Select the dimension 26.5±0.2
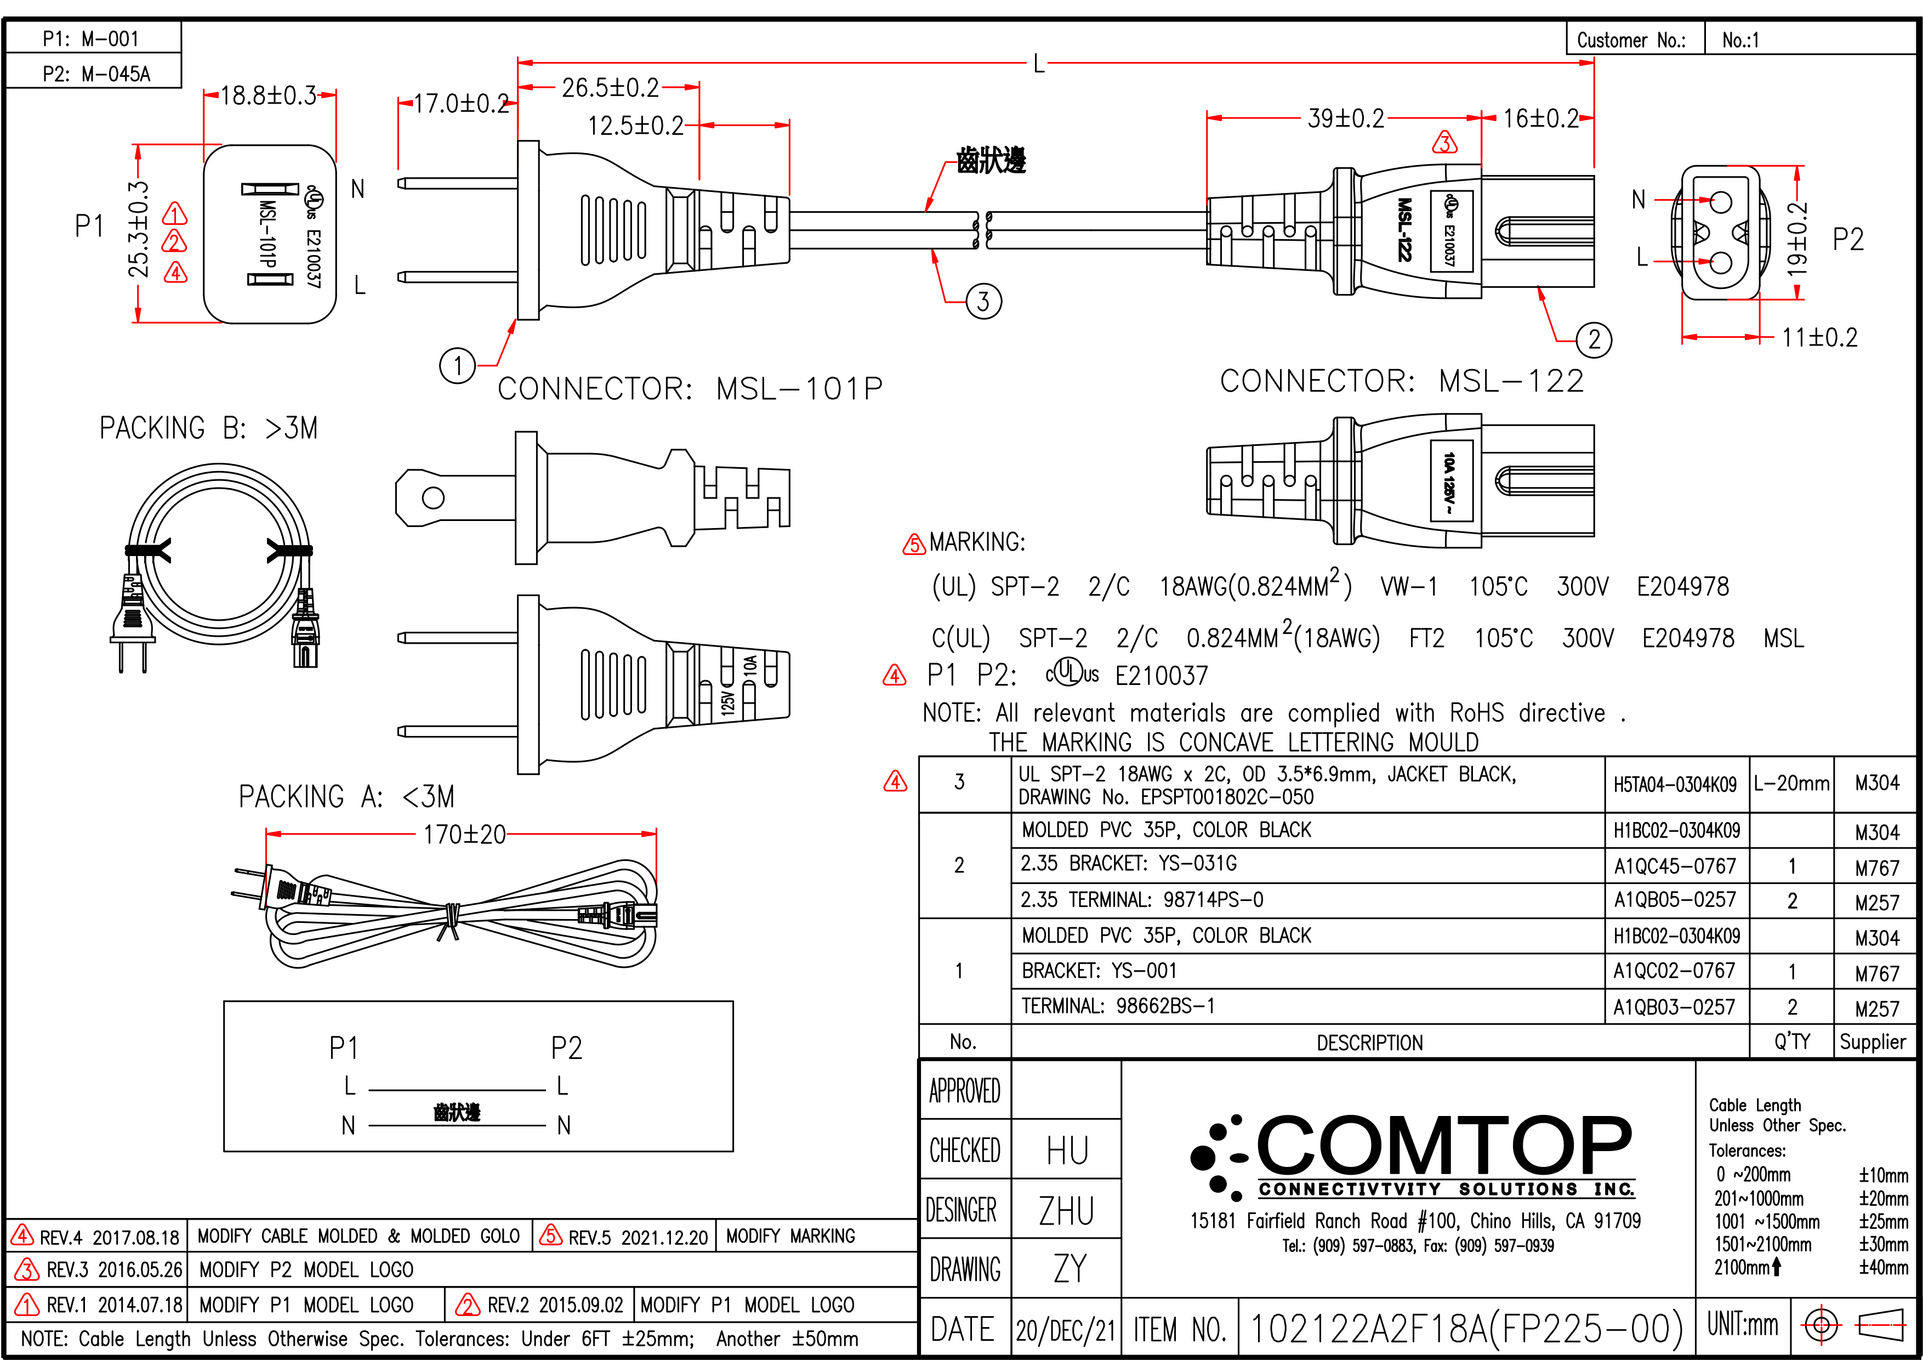pyautogui.click(x=610, y=88)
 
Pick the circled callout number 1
pyautogui.click(x=457, y=366)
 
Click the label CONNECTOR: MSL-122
pyautogui.click(x=1401, y=381)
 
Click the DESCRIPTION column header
pyautogui.click(x=1369, y=1042)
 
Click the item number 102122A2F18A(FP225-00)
pyautogui.click(x=1466, y=1328)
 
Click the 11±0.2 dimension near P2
pyautogui.click(x=1819, y=338)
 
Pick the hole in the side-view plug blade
pyautogui.click(x=433, y=498)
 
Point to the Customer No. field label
pyautogui.click(x=1631, y=40)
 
